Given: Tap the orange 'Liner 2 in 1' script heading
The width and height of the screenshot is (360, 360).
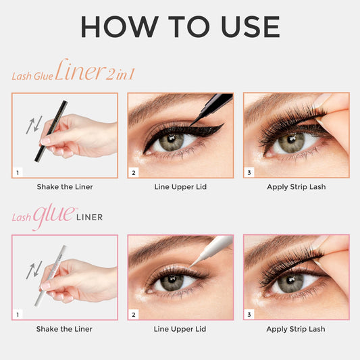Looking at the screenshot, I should point(95,72).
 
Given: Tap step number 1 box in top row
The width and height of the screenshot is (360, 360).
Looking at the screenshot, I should point(18,173).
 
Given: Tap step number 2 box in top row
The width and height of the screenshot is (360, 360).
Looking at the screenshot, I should point(133,173).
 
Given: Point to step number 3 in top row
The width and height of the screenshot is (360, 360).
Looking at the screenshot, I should point(249,173).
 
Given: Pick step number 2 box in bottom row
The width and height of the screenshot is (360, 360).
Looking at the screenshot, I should point(133,315).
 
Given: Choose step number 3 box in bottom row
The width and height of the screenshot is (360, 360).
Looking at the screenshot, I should point(249,315).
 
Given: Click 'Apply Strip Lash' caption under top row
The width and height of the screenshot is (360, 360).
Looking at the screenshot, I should point(296,187).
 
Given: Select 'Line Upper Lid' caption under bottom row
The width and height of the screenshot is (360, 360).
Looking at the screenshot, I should point(180,329).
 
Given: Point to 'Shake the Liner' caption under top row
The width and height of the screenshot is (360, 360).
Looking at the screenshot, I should point(64,187).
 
